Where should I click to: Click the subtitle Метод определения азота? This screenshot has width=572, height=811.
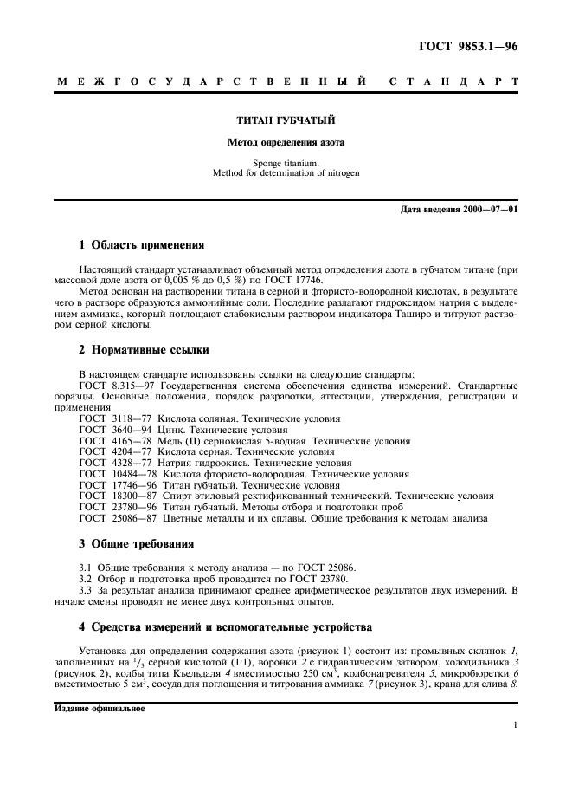286,141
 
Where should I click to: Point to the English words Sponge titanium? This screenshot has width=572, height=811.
286,162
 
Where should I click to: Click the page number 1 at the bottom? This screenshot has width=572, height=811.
515,725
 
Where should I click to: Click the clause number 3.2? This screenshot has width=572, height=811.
86,577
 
